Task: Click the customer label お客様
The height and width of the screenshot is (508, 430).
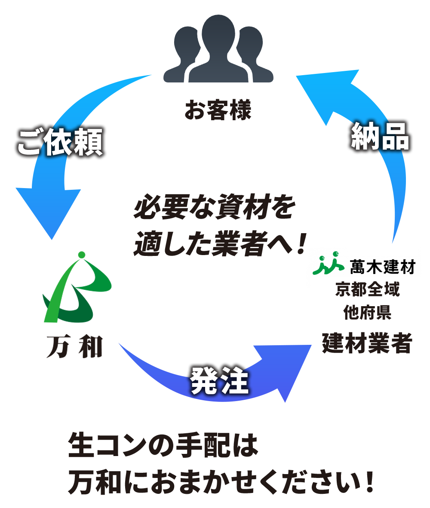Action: tap(218, 110)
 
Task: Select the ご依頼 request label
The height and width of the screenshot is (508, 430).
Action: tap(60, 142)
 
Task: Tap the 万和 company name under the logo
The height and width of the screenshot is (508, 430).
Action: tap(74, 347)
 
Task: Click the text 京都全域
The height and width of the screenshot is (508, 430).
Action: tap(368, 290)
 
